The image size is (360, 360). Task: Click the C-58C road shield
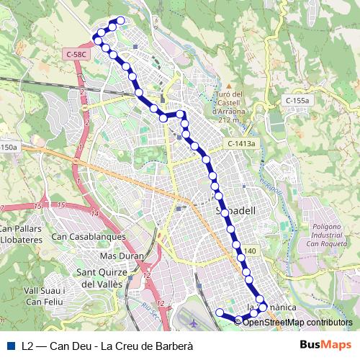76,54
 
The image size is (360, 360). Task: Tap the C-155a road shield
297,101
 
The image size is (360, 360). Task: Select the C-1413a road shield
242,144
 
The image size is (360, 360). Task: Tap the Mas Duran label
122,256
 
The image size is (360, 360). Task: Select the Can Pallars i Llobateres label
19,234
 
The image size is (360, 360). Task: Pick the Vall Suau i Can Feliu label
45,295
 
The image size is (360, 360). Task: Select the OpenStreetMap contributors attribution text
297,323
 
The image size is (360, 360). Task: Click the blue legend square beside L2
10,346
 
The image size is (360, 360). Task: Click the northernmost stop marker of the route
121,21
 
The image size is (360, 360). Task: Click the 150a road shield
8,148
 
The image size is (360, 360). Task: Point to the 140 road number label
250,251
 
